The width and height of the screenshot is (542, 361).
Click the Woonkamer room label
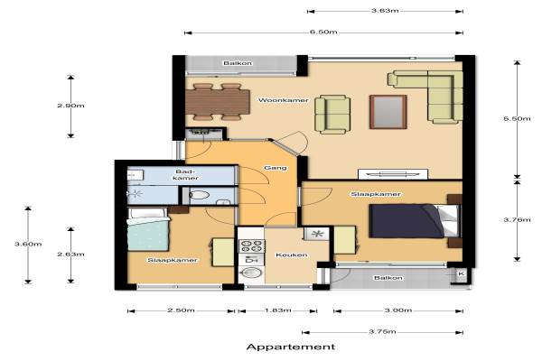[x=284, y=100]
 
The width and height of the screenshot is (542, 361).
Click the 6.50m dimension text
[x=323, y=32]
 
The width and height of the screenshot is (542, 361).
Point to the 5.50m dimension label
[x=517, y=118]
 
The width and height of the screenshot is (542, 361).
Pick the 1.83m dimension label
[x=277, y=310]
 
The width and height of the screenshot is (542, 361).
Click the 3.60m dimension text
[x=28, y=244]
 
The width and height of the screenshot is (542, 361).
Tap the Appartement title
[x=291, y=347]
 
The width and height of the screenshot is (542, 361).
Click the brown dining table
[x=218, y=102]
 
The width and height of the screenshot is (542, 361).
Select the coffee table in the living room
[x=388, y=112]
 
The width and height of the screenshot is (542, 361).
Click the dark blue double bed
[x=407, y=221]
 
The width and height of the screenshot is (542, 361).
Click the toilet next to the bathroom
[x=200, y=195]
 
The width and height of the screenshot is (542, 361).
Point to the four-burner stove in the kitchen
[x=252, y=246]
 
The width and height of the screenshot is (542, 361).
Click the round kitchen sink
[x=252, y=273]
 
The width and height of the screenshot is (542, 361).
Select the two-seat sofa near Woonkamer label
[x=332, y=115]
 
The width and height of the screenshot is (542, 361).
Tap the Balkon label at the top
[x=238, y=63]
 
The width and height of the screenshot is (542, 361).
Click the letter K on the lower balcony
[x=461, y=274]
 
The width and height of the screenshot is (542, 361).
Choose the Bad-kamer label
[x=186, y=175]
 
